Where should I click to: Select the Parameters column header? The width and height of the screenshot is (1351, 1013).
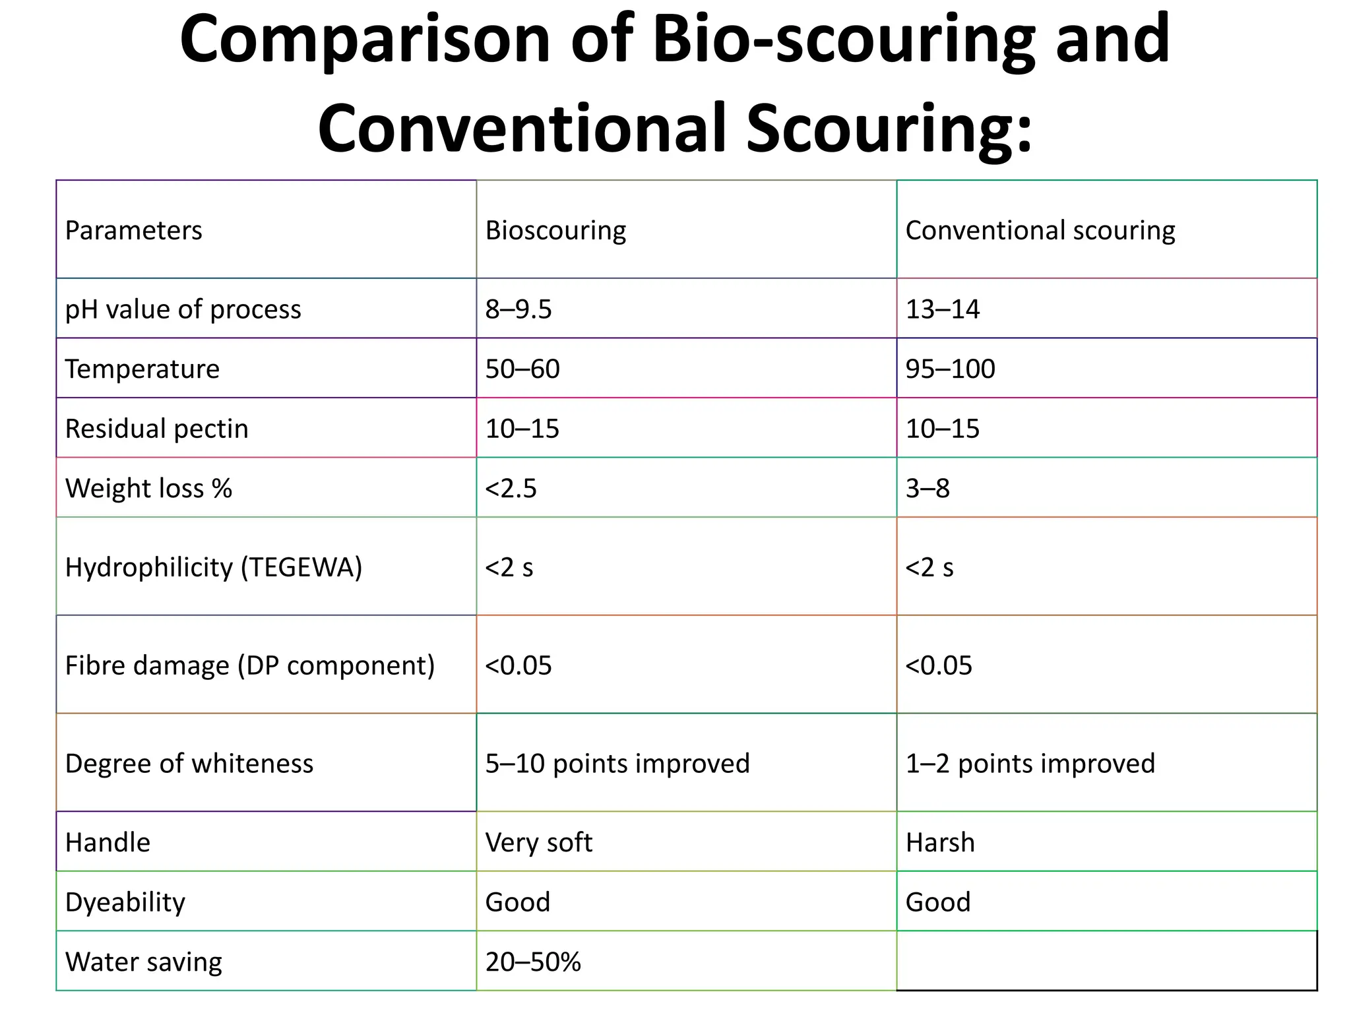(133, 230)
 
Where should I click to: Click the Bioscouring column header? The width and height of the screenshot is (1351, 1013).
(555, 230)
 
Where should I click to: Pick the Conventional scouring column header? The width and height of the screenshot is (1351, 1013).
(1040, 230)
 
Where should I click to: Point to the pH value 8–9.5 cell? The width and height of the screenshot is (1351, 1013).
(518, 309)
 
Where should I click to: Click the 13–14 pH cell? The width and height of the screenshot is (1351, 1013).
(943, 309)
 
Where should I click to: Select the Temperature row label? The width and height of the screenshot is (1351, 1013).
(142, 369)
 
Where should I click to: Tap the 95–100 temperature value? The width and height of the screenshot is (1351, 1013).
(950, 369)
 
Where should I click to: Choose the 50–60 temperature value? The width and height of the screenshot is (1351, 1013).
(522, 369)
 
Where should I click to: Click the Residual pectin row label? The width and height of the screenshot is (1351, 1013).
(156, 429)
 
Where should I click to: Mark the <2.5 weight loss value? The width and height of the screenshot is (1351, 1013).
(511, 489)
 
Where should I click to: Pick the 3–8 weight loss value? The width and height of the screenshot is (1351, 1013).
(927, 489)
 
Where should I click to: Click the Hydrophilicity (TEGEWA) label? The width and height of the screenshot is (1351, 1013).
(214, 567)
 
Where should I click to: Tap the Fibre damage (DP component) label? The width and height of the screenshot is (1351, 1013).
(250, 665)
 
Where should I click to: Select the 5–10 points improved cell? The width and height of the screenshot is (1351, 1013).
(617, 764)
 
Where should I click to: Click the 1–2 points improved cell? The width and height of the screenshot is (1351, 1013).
(1030, 764)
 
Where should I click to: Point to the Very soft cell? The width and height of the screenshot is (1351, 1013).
(539, 843)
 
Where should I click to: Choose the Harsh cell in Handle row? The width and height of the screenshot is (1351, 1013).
(940, 843)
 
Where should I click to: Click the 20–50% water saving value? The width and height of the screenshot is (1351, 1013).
(533, 962)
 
